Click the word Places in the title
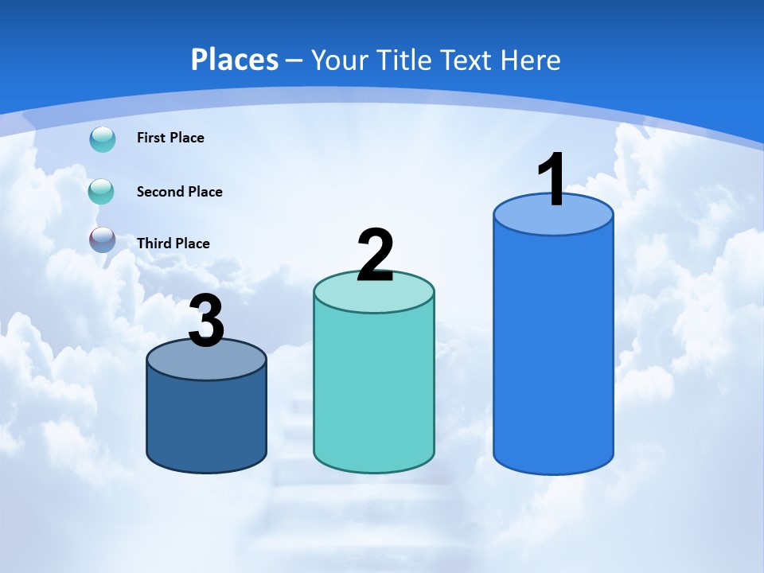(235, 60)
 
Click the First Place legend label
(170, 138)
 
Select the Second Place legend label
(179, 192)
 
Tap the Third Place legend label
(173, 244)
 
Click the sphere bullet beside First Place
(103, 139)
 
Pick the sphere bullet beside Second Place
(101, 191)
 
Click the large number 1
(552, 180)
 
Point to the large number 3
(206, 322)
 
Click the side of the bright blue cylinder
(553, 350)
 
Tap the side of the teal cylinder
(374, 390)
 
